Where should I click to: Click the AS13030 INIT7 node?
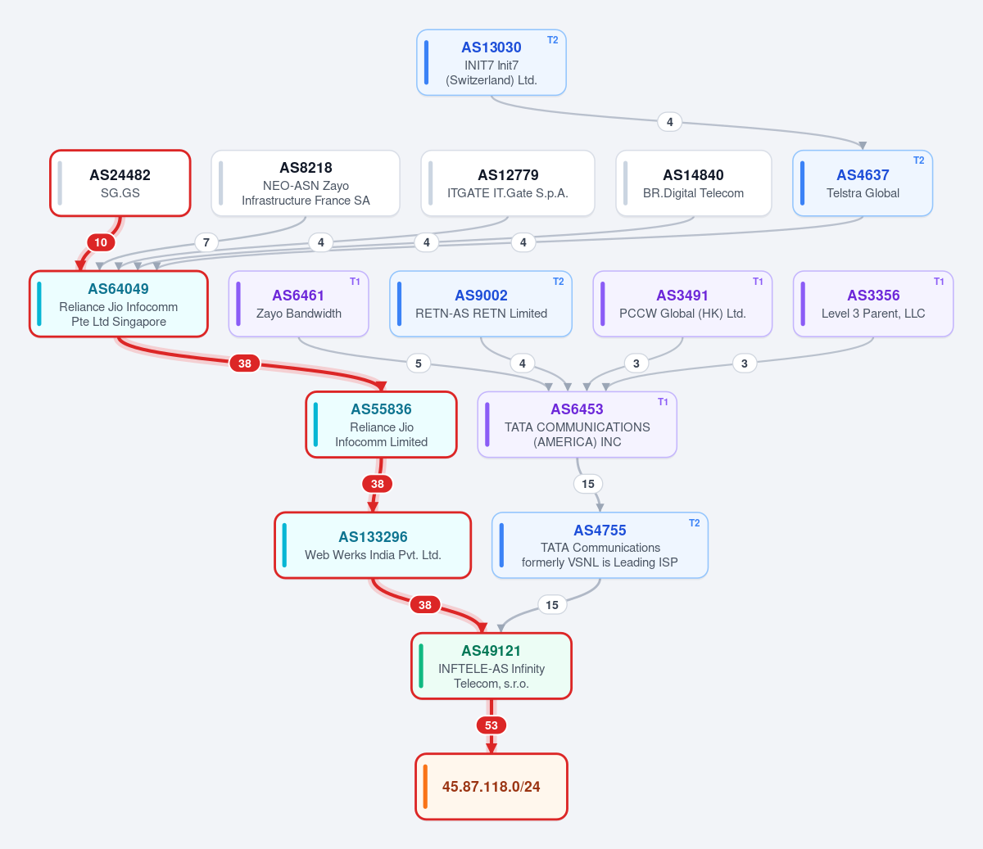(x=491, y=62)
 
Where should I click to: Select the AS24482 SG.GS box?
(x=120, y=183)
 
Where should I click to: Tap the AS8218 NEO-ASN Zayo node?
(x=306, y=183)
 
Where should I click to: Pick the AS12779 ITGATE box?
(x=507, y=183)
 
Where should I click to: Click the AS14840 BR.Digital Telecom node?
(x=693, y=183)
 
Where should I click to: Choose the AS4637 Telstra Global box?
(x=863, y=183)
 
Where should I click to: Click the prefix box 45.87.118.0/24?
(x=491, y=786)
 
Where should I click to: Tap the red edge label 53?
(x=491, y=725)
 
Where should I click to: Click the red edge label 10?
(x=101, y=242)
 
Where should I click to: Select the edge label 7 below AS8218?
(x=206, y=242)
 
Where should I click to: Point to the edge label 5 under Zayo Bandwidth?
(x=419, y=364)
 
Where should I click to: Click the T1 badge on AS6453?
(x=663, y=402)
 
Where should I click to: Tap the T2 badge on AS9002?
(x=559, y=282)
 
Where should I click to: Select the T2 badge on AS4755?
(x=695, y=523)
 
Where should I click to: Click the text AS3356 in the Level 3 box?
(x=873, y=296)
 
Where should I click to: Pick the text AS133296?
(x=373, y=537)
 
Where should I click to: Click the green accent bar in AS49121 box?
(x=421, y=666)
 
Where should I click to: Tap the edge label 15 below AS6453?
(x=588, y=484)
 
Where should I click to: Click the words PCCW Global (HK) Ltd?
(x=682, y=314)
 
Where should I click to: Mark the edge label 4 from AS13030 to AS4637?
(x=669, y=122)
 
